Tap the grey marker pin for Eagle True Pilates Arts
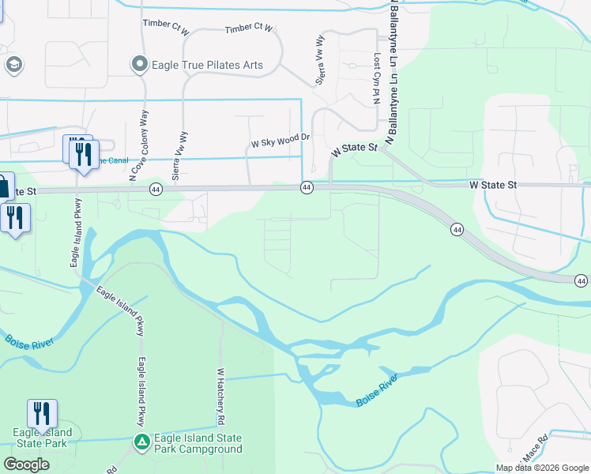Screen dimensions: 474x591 (x=140, y=63)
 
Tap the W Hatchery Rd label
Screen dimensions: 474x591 (x=222, y=394)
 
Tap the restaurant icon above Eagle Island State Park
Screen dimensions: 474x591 (x=42, y=413)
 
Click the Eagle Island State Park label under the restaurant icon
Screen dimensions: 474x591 (x=42, y=438)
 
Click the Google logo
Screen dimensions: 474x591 (x=26, y=465)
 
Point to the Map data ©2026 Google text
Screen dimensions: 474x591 (x=542, y=468)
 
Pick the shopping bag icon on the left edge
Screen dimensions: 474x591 (x=4, y=187)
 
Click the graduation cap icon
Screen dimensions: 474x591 (x=13, y=65)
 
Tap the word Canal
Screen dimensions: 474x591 (x=115, y=160)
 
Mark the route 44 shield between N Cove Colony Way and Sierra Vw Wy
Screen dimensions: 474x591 (x=155, y=190)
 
